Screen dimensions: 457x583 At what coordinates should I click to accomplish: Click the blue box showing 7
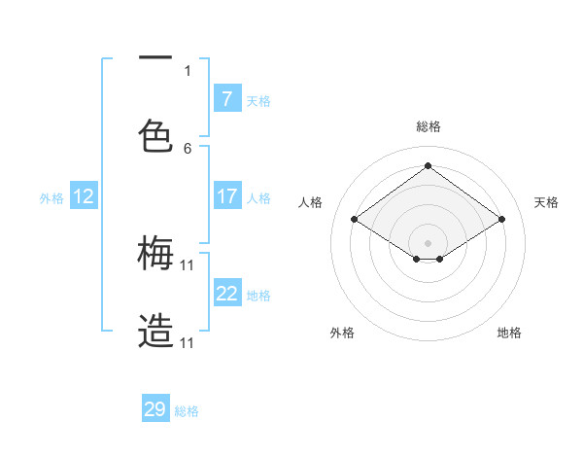click(226, 98)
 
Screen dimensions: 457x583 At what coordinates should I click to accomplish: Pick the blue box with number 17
click(226, 196)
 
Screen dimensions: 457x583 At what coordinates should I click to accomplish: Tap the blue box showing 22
click(226, 294)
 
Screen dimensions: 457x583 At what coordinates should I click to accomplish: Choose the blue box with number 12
click(84, 196)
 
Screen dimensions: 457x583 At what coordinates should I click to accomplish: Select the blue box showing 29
click(155, 409)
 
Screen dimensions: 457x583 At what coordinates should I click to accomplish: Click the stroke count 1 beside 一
click(188, 70)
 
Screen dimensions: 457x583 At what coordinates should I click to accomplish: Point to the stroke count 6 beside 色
click(188, 148)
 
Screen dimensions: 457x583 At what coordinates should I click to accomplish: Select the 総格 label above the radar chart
click(428, 126)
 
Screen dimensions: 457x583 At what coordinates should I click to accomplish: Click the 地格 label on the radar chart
click(509, 333)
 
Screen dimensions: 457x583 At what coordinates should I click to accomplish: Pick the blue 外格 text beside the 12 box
click(51, 197)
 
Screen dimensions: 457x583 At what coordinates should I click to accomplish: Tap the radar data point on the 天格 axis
click(501, 220)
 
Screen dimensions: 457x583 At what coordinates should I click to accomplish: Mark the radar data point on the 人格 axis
click(355, 220)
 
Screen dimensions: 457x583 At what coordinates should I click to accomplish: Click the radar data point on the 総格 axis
click(428, 166)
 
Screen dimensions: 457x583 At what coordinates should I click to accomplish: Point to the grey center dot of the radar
click(428, 242)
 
